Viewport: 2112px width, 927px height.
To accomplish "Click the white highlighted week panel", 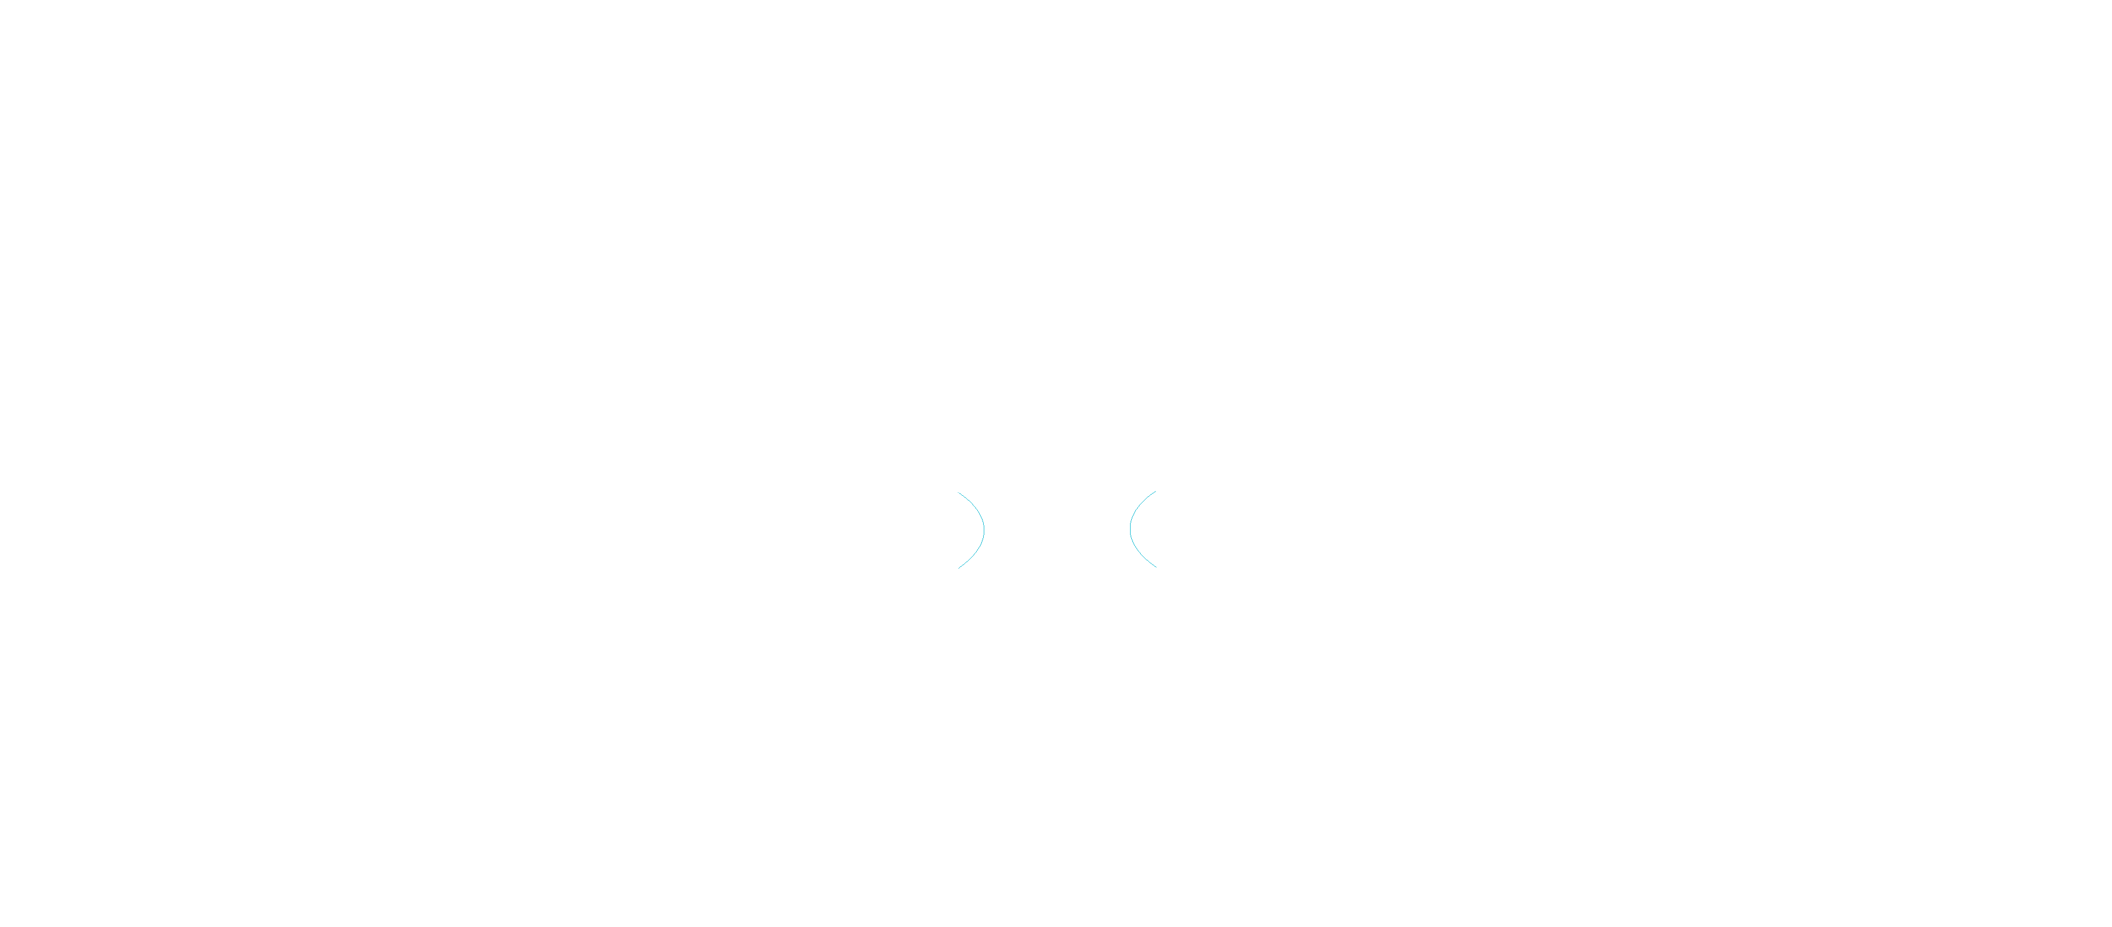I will pos(264,537).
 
